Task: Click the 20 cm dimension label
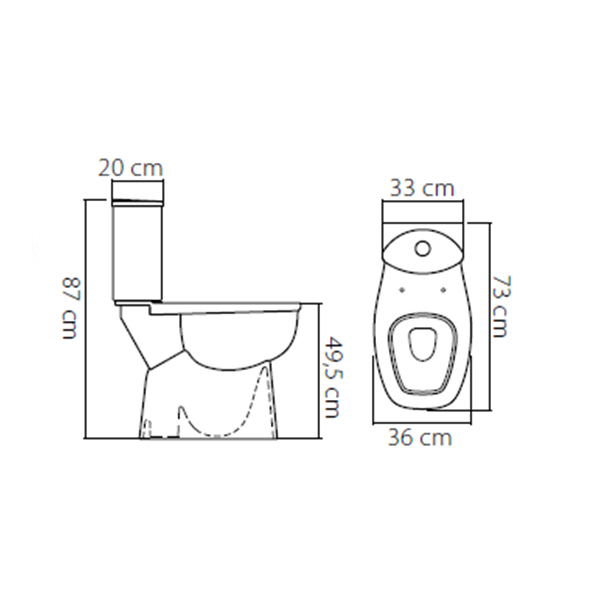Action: point(130,168)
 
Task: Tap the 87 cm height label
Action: point(70,308)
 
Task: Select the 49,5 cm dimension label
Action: point(331,377)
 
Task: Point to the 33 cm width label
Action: point(422,188)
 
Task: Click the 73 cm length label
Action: point(501,307)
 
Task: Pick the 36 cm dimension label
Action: point(420,437)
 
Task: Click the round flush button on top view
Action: point(423,248)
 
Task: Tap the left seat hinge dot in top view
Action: point(402,290)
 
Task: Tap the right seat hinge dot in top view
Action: point(444,290)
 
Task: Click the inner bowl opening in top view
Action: point(422,344)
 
